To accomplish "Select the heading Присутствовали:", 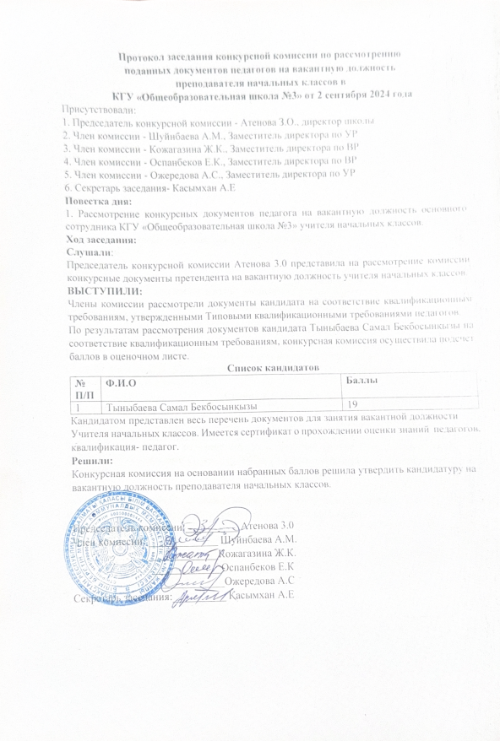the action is [98, 110].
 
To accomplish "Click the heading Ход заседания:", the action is [102, 239].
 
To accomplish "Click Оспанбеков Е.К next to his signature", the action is [262, 569].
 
